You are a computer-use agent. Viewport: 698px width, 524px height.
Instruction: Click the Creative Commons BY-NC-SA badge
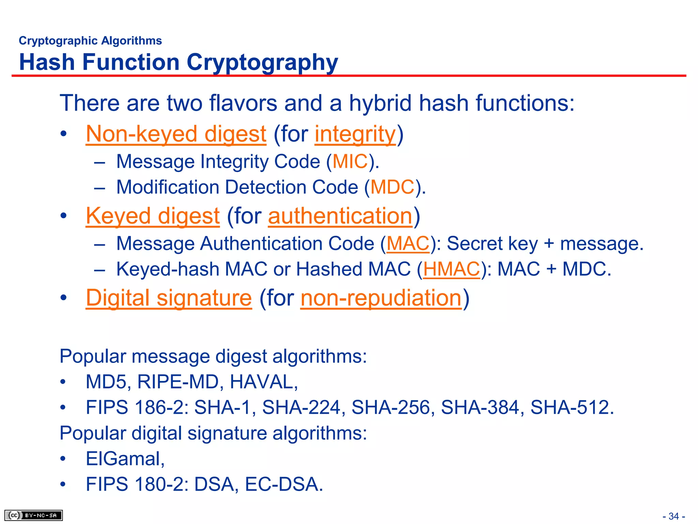tap(33, 515)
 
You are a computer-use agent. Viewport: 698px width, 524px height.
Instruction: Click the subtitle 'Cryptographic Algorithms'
tap(90, 41)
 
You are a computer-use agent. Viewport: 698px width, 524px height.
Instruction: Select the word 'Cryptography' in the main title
tap(262, 62)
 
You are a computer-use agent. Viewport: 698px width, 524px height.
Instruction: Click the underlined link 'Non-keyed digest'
tap(176, 134)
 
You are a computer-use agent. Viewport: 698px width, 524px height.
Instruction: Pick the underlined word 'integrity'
tap(355, 134)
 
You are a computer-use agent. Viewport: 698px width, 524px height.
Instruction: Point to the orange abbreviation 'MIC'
tap(350, 161)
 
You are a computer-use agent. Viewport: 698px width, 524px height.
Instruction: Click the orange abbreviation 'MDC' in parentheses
tap(392, 187)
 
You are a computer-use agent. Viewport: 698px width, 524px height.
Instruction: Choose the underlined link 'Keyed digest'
tap(153, 216)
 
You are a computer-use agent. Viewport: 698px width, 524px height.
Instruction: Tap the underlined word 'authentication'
tap(340, 216)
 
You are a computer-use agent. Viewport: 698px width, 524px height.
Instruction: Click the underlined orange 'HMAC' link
tap(451, 269)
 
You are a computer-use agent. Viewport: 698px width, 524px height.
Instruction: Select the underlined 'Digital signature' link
tap(169, 298)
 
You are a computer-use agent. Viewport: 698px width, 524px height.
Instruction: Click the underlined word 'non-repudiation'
tap(381, 298)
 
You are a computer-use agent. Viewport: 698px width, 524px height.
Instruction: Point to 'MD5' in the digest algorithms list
tap(106, 382)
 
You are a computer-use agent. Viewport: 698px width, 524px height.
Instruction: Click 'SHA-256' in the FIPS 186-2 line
tap(391, 407)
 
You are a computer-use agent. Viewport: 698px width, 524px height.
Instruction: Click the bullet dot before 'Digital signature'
tap(63, 298)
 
